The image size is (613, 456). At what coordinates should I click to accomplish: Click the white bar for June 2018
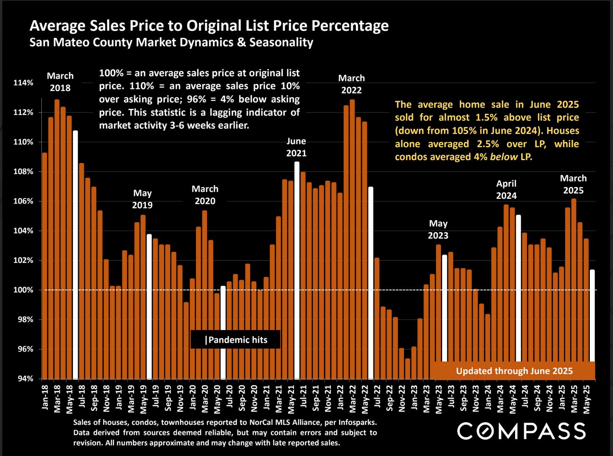pos(75,255)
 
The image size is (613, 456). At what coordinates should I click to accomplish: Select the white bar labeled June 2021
pos(297,270)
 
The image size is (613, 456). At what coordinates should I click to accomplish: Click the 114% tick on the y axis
pos(23,83)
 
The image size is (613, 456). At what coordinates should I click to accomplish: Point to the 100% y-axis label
pos(23,290)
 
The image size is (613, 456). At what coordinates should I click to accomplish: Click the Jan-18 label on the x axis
pos(45,397)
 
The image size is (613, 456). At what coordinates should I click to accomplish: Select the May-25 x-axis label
pos(586,397)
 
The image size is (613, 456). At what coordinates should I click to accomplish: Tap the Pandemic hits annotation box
pos(235,340)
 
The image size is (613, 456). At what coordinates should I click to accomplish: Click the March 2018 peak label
pos(60,82)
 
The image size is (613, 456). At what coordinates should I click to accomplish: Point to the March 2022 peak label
pos(351,84)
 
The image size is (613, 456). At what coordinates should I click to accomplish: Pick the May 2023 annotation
pos(438,229)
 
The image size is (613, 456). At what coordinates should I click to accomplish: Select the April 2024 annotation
pos(506,189)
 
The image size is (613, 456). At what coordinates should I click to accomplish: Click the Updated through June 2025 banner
pos(514,371)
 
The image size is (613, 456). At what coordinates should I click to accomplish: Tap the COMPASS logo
pos(521,431)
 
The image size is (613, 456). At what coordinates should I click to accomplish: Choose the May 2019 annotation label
pos(142,199)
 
